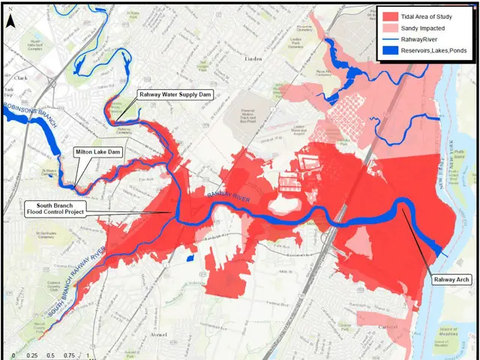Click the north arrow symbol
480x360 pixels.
[10, 20]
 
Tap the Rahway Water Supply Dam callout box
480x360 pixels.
[174, 96]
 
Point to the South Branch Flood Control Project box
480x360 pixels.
[56, 208]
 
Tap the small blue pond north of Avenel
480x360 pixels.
[187, 257]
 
